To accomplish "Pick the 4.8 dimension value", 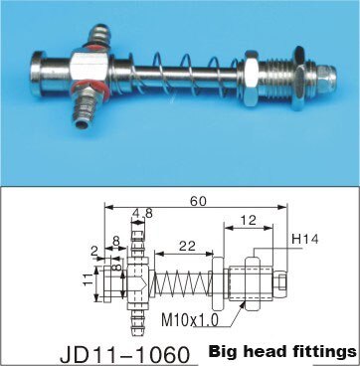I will (143, 213).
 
